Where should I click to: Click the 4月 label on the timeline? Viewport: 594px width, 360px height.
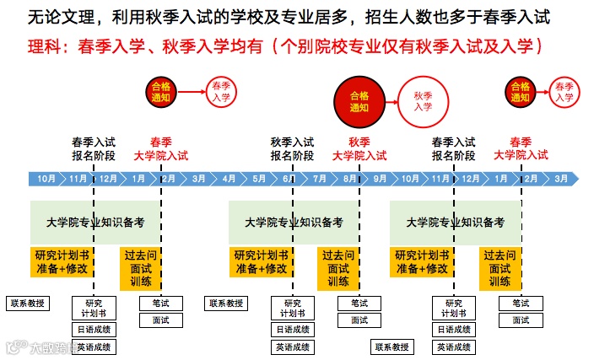tap(229, 179)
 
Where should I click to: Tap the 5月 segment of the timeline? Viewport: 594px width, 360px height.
tap(259, 179)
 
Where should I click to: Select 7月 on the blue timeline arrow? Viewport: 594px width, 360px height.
tap(320, 179)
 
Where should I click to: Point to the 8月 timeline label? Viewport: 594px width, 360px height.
tap(349, 179)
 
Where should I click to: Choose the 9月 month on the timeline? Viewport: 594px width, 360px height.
tap(380, 179)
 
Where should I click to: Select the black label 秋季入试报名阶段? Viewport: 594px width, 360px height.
tap(292, 148)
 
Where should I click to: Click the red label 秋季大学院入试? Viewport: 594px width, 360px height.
tap(359, 148)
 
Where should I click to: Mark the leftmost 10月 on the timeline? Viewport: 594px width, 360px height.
tap(46, 179)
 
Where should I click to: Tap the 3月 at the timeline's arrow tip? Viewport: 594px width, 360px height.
tap(560, 179)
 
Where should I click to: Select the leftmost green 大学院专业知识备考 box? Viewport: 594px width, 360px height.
tap(94, 223)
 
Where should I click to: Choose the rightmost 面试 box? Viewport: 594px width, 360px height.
tap(521, 320)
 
